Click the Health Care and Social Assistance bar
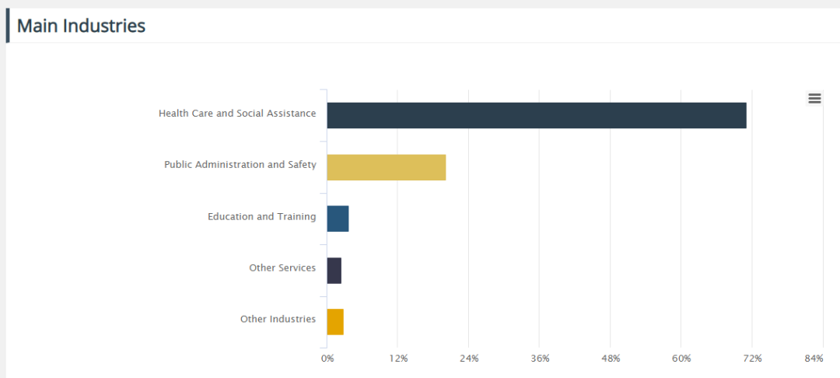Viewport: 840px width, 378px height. point(537,115)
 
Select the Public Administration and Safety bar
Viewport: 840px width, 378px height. point(387,167)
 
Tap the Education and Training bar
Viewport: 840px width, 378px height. point(338,219)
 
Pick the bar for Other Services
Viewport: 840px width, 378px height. point(334,271)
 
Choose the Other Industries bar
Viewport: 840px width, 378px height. point(335,322)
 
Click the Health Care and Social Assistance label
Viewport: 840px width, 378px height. point(237,113)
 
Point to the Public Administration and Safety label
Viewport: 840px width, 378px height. point(240,165)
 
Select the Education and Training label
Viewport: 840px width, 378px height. point(261,216)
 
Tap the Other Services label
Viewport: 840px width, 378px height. point(282,268)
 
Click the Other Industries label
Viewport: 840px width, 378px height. point(278,319)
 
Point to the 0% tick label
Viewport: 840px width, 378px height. point(327,359)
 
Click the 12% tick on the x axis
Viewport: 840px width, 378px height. point(398,359)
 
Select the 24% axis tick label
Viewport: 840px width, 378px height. point(469,359)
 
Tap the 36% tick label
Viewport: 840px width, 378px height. point(540,359)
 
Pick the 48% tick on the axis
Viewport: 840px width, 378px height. point(611,359)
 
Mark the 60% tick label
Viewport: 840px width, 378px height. point(681,359)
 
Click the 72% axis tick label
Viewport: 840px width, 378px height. point(752,359)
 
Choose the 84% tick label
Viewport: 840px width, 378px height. point(814,359)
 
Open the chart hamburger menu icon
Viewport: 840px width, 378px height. point(814,98)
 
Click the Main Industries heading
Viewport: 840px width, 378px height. point(81,26)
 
